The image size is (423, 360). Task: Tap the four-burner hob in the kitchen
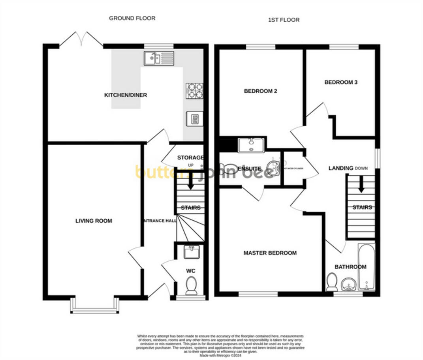194,91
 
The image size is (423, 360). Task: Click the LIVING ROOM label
94,221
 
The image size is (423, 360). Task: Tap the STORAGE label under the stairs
190,157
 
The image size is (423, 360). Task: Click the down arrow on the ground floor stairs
190,183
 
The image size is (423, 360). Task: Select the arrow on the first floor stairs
361,185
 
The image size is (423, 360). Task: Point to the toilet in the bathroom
332,282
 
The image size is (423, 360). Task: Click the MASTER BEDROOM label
270,253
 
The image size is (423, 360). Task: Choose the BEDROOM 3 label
341,82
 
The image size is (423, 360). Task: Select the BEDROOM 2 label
260,91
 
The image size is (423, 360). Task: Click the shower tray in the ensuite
251,145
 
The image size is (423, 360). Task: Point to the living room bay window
95,306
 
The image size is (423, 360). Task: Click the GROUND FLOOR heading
132,18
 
